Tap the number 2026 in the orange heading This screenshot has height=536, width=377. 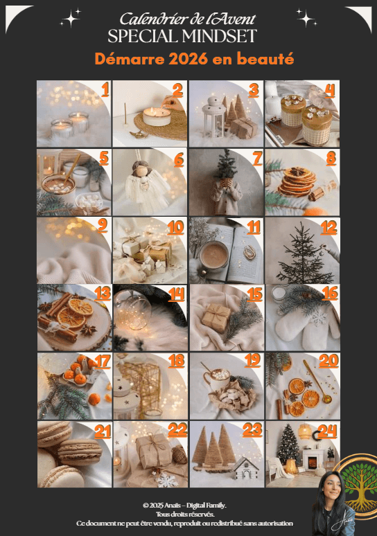[x=188, y=59]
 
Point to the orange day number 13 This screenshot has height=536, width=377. [x=103, y=294]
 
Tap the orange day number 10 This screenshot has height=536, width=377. [x=176, y=227]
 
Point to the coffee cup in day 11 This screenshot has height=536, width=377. [x=214, y=256]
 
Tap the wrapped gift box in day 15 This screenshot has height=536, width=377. [x=216, y=318]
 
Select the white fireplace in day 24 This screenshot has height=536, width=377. [x=313, y=460]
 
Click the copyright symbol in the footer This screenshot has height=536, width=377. [x=146, y=506]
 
